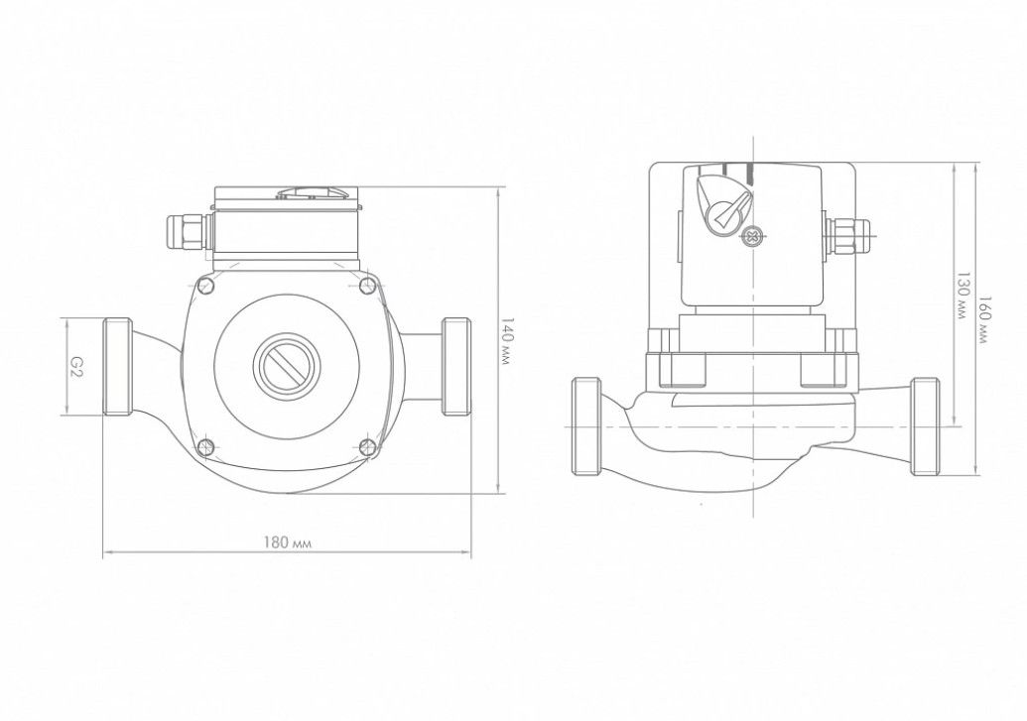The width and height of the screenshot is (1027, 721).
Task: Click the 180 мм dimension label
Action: (288, 542)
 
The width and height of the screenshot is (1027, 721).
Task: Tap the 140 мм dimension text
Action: (506, 341)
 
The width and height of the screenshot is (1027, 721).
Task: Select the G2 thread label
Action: (76, 365)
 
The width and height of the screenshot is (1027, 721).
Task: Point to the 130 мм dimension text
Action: (962, 296)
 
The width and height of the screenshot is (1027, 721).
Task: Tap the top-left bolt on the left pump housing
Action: (205, 286)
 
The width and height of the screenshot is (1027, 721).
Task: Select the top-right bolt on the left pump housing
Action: (369, 286)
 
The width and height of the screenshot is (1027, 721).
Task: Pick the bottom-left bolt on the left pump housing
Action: (205, 447)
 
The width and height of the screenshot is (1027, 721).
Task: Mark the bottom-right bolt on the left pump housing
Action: (369, 447)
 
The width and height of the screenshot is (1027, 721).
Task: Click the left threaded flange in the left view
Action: (118, 367)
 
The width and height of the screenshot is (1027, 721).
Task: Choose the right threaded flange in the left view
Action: (456, 367)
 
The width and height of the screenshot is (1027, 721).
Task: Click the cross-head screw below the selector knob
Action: (752, 236)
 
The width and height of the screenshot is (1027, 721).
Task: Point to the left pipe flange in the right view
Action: (587, 426)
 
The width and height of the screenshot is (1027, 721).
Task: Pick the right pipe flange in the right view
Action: (925, 426)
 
